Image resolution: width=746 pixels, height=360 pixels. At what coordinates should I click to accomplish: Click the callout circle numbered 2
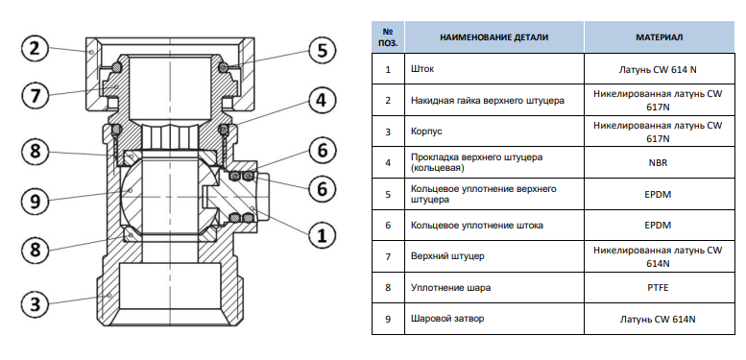point(35,49)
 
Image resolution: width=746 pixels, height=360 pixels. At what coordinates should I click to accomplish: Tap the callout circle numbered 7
point(36,96)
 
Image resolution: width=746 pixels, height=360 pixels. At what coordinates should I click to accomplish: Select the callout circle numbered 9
point(36,201)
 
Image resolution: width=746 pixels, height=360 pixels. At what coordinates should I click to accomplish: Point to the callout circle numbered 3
point(36,303)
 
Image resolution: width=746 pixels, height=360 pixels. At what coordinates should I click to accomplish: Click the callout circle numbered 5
point(323,50)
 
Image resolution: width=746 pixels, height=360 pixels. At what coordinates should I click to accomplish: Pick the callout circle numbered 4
point(323,101)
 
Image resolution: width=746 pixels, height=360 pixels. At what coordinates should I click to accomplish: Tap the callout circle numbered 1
point(323,235)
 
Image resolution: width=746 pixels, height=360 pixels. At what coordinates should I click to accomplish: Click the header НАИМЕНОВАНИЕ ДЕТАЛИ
point(493,37)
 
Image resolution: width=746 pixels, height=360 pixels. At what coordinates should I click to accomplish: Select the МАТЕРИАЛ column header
point(659,37)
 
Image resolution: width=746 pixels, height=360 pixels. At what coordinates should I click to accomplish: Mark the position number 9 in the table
point(388,319)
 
